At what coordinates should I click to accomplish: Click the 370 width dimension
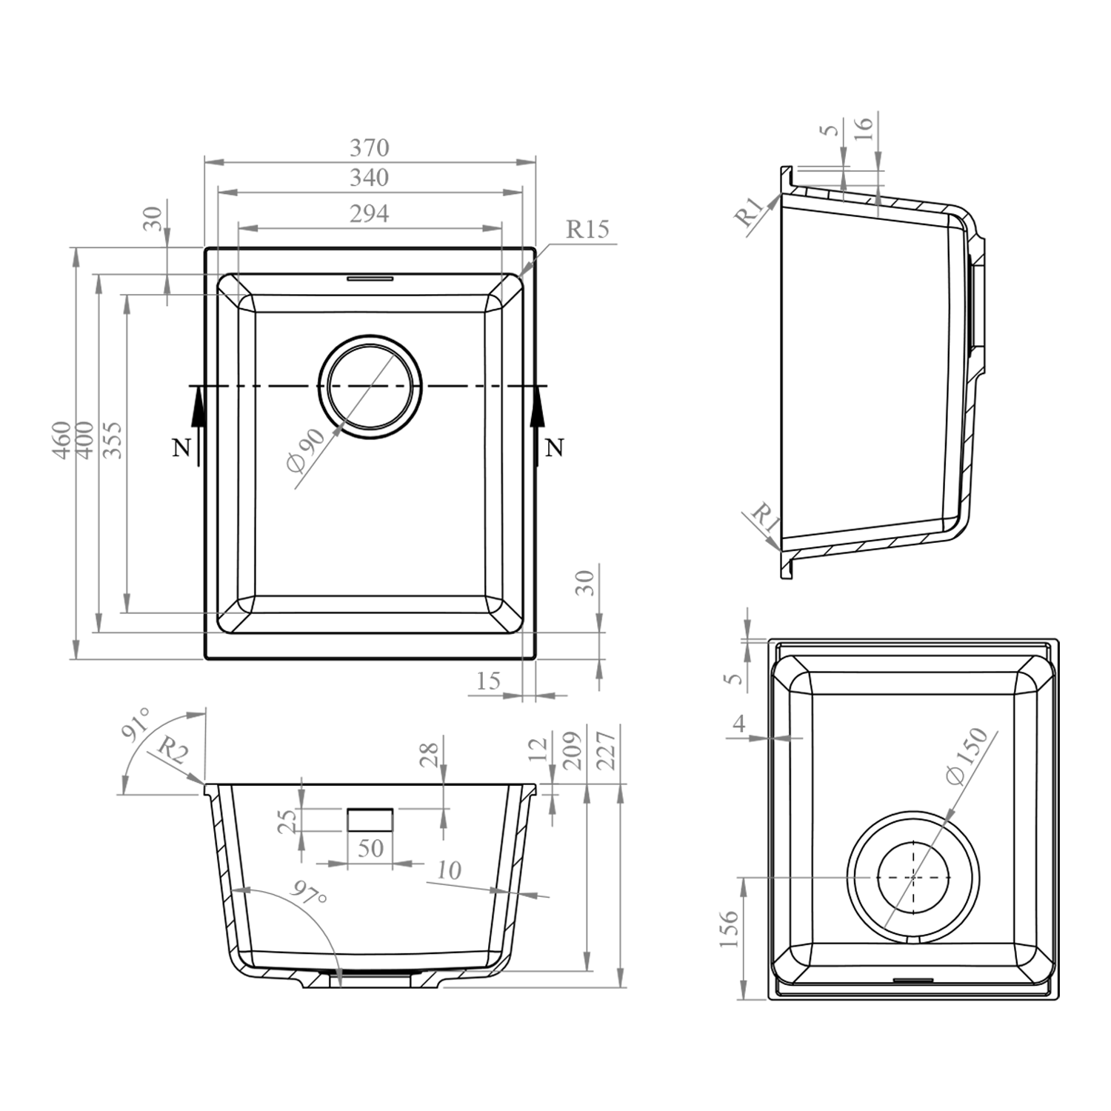(369, 148)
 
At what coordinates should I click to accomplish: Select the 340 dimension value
(369, 178)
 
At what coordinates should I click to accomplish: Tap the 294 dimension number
(369, 213)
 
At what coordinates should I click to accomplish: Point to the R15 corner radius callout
(587, 229)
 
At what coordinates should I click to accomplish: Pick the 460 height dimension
(62, 439)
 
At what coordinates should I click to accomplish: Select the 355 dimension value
(112, 439)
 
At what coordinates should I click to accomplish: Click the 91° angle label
(137, 724)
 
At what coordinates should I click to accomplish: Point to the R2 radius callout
(173, 753)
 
